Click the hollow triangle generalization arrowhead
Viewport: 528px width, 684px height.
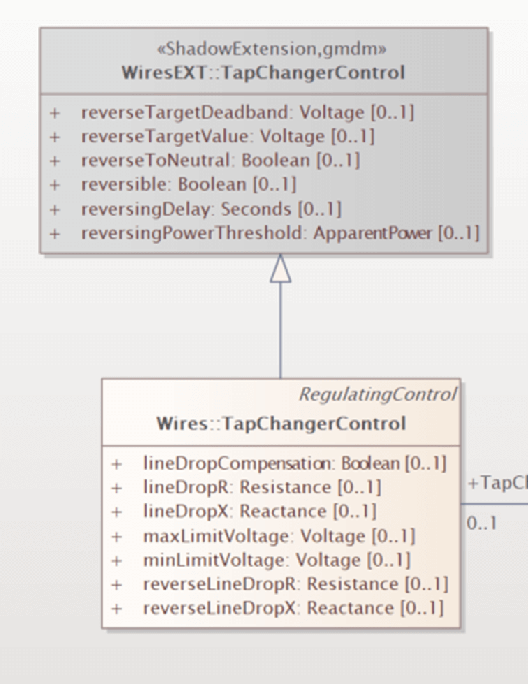pos(280,269)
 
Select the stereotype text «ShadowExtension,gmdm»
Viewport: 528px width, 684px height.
pos(263,50)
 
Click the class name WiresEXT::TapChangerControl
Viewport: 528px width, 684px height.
pos(263,73)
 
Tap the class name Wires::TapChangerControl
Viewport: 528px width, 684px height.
pos(281,424)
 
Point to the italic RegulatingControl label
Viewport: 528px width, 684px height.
pos(377,394)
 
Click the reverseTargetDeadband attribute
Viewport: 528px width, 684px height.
pos(247,112)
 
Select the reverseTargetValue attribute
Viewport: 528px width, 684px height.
pos(228,137)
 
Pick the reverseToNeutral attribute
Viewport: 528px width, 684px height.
pos(220,161)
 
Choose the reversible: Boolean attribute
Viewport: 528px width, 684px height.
pos(189,184)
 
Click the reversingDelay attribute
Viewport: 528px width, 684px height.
pos(211,209)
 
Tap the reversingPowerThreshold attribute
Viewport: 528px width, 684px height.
pos(280,233)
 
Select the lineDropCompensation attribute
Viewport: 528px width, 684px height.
pos(294,463)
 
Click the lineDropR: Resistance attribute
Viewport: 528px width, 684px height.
pos(262,487)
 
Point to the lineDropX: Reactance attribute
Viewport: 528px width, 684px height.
pos(259,512)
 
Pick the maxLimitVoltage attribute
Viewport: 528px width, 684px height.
pos(279,536)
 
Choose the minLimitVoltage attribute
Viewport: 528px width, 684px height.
pos(277,560)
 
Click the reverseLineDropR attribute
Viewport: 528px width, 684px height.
pos(295,583)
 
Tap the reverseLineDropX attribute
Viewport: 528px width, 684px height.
pos(293,608)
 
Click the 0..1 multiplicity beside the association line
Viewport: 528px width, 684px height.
pos(482,523)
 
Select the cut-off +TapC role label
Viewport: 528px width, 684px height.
pos(497,484)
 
